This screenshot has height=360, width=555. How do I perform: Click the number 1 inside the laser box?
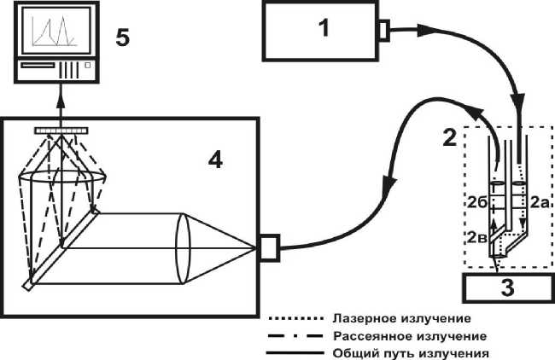coord(323,28)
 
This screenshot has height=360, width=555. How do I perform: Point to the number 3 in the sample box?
coord(507,288)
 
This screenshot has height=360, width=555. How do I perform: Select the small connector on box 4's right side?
coord(269,248)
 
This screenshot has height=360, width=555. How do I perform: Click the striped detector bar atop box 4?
coord(61,130)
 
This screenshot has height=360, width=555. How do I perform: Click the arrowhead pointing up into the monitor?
coord(61,100)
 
